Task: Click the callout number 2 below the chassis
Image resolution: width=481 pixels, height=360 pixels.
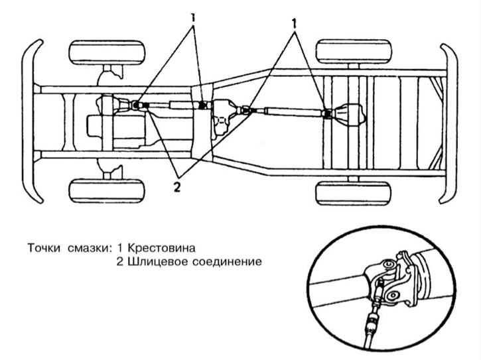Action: [176, 186]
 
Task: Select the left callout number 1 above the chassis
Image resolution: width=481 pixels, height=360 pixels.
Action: [193, 19]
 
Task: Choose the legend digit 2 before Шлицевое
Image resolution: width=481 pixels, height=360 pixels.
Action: [120, 261]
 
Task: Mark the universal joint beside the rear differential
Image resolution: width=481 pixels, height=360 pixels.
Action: [326, 114]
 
